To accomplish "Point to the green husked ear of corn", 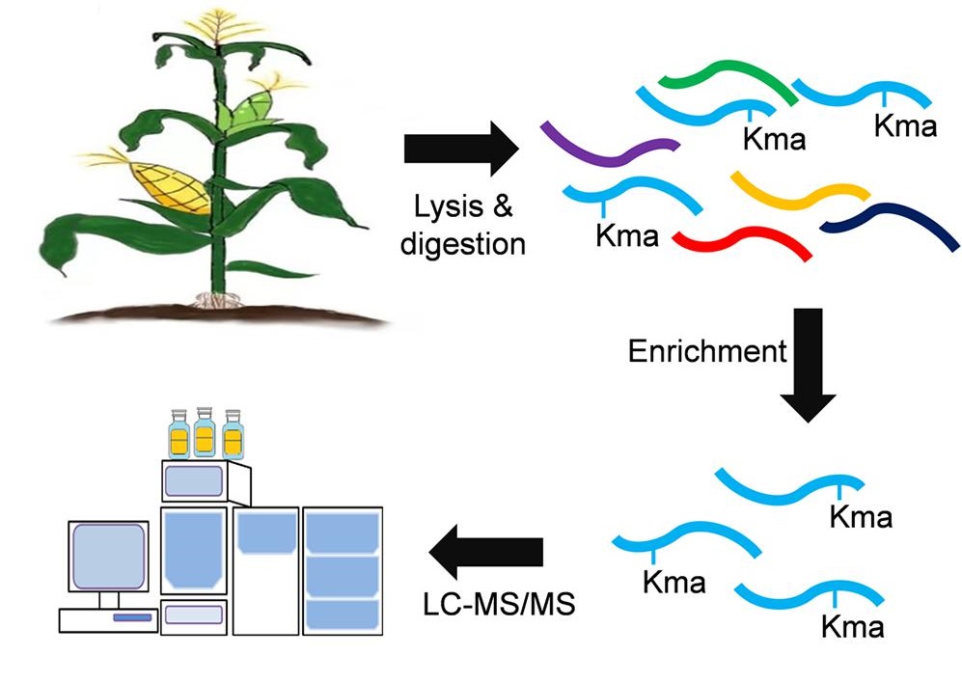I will coord(242,107).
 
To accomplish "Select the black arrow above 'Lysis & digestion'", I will coord(461,150).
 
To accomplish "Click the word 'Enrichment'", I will coord(707,350).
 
